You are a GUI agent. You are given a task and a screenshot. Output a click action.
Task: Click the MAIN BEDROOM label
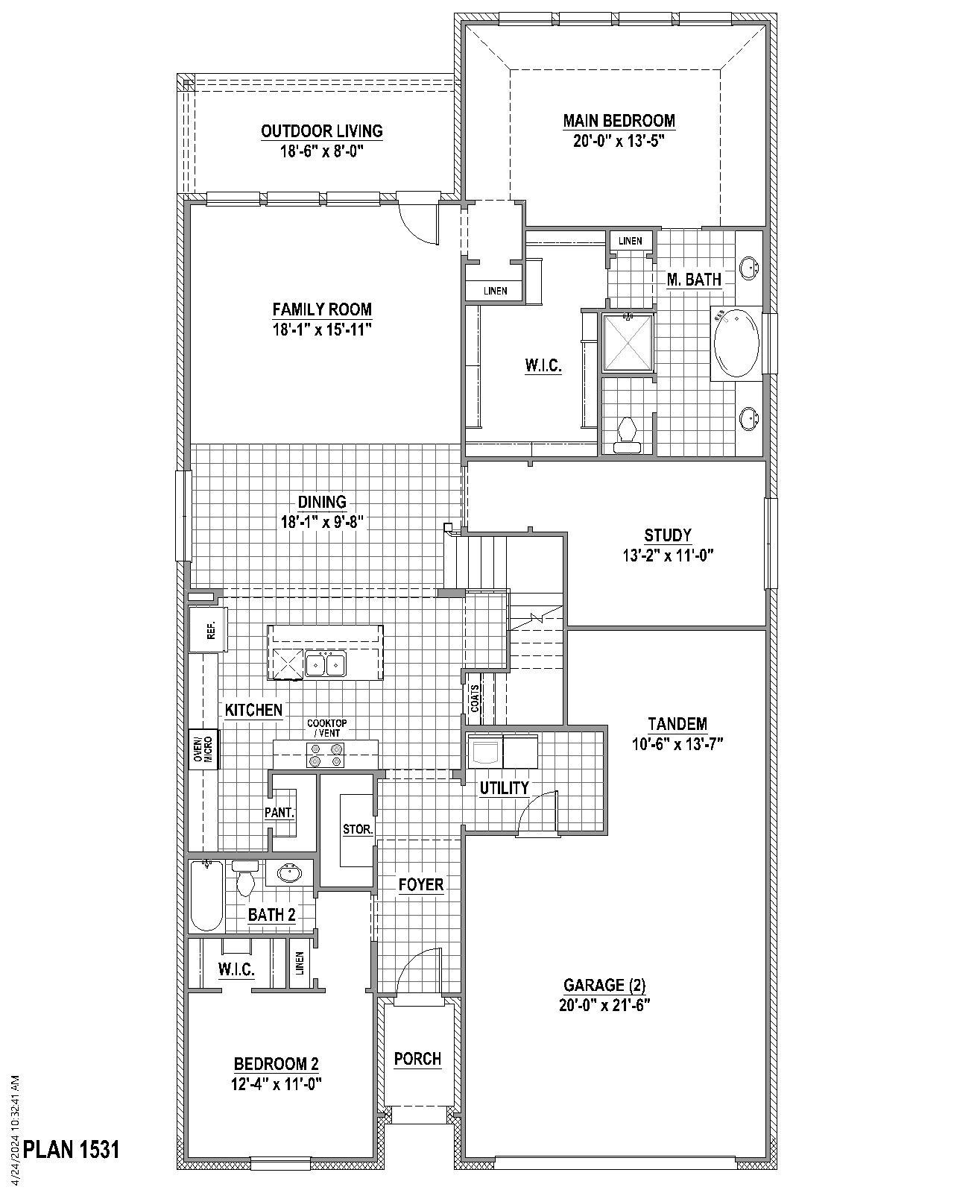pyautogui.click(x=619, y=121)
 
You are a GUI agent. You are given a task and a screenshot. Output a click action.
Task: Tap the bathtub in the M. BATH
pyautogui.click(x=736, y=344)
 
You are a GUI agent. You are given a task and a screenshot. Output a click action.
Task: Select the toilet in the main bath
pyautogui.click(x=627, y=435)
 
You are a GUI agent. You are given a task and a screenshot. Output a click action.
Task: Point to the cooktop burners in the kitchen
pyautogui.click(x=326, y=755)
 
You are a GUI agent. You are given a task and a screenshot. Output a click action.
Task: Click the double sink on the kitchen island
pyautogui.click(x=326, y=663)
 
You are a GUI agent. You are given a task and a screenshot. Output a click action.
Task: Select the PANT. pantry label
pyautogui.click(x=279, y=813)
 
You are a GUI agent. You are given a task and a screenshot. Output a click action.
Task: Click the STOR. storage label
pyautogui.click(x=358, y=829)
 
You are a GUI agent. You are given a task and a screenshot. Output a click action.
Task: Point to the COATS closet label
pyautogui.click(x=475, y=699)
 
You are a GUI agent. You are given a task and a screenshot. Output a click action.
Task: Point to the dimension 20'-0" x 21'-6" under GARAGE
pyautogui.click(x=605, y=1004)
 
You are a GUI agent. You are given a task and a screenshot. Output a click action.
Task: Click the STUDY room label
pyautogui.click(x=668, y=535)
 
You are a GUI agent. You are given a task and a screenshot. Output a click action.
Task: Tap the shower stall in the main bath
pyautogui.click(x=628, y=342)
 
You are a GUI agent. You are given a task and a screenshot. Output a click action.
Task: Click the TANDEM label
pyautogui.click(x=677, y=724)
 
